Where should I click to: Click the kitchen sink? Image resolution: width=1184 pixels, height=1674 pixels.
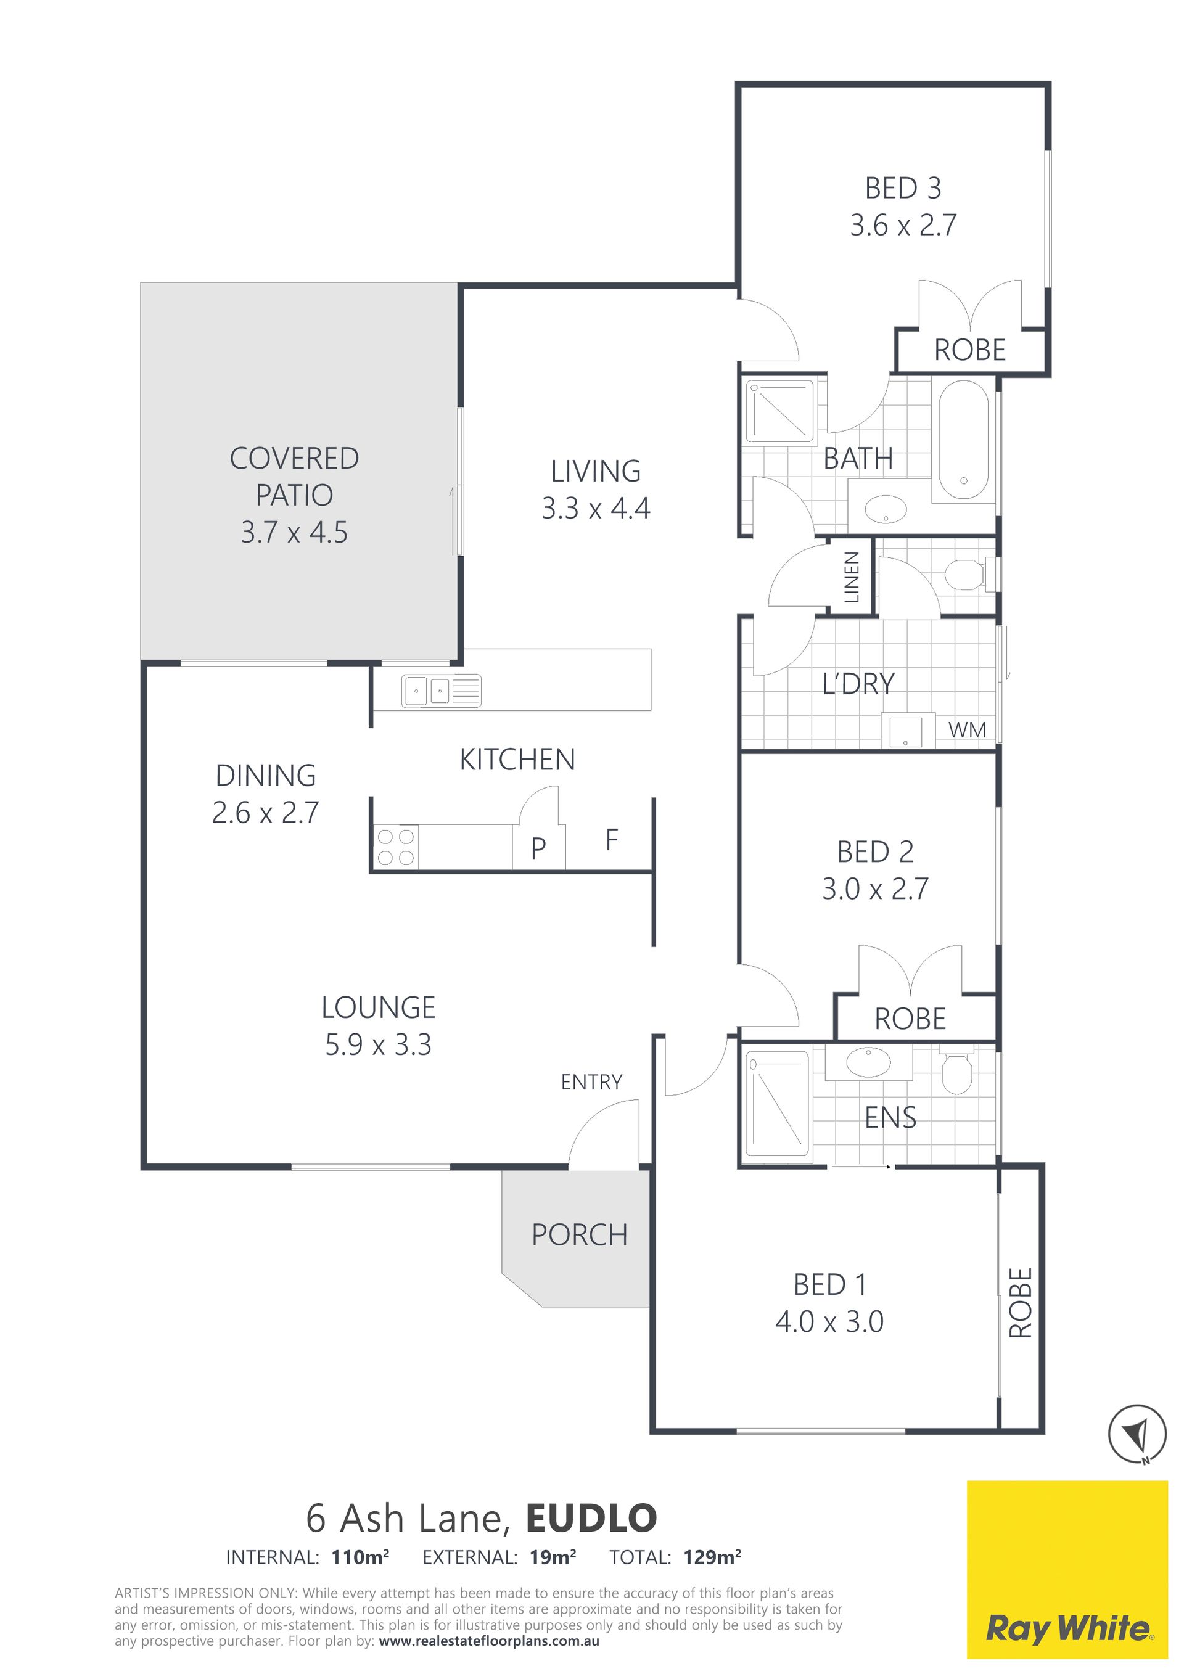click(x=441, y=690)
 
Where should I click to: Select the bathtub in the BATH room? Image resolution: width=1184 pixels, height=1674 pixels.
click(x=963, y=439)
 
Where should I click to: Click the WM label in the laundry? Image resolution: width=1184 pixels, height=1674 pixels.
click(x=967, y=730)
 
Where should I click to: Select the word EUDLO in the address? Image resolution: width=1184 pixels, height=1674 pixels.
click(x=591, y=1519)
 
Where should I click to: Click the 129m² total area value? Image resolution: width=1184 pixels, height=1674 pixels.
click(x=712, y=1557)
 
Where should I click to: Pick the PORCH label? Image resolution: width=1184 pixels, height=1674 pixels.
click(x=580, y=1235)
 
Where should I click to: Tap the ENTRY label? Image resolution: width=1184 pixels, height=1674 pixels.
click(x=591, y=1082)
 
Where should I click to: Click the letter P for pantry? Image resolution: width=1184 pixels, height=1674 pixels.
click(x=539, y=848)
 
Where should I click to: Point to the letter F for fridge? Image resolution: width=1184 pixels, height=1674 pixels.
click(x=612, y=840)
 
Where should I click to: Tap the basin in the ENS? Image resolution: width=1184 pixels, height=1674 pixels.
click(x=868, y=1063)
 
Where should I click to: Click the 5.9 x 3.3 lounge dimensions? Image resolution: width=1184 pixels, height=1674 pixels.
click(x=379, y=1046)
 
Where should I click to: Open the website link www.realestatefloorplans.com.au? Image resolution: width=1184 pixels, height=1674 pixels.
click(x=489, y=1641)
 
